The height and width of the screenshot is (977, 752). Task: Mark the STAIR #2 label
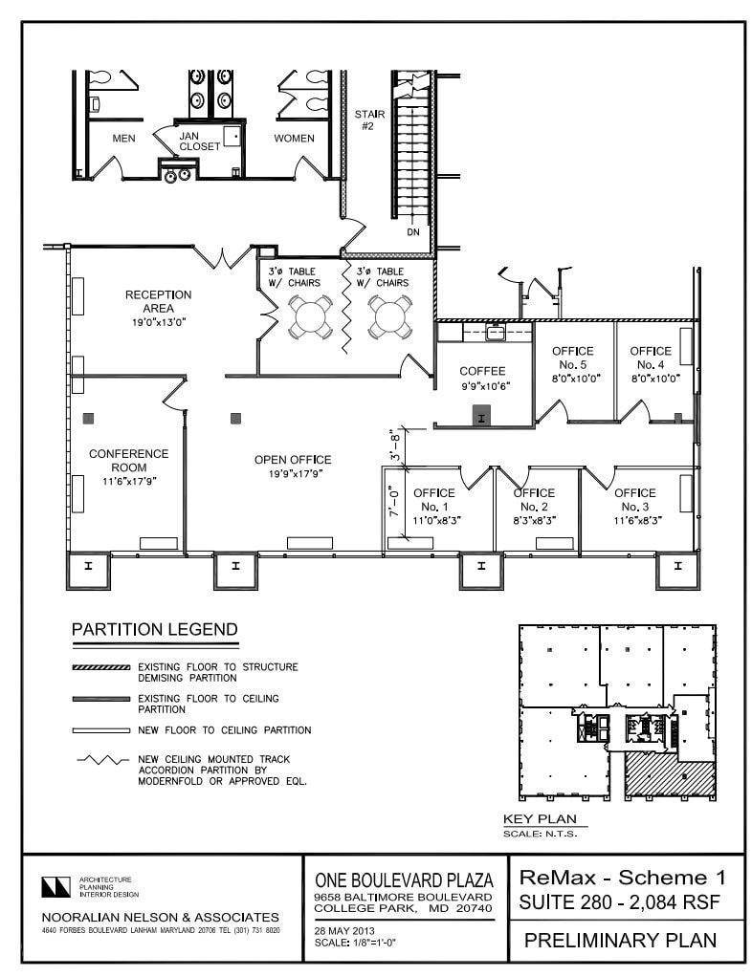[x=369, y=119]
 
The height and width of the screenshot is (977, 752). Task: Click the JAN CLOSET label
[x=200, y=140]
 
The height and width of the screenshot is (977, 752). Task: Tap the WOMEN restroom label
[x=294, y=139]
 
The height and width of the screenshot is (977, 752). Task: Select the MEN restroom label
[x=123, y=139]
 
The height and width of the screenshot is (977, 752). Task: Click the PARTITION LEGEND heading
[x=155, y=629]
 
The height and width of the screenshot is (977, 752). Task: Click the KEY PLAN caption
[x=540, y=819]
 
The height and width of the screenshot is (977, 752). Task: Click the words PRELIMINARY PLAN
[x=620, y=940]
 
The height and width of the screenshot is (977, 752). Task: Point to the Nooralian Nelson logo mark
[x=56, y=886]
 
